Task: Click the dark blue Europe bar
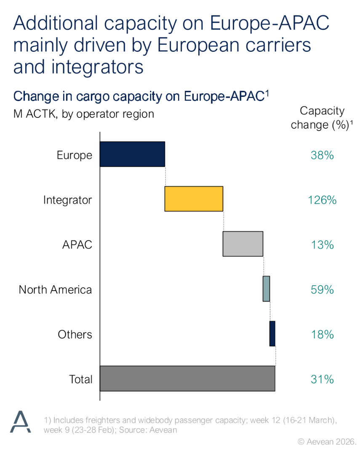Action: click(132, 154)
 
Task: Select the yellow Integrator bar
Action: click(194, 199)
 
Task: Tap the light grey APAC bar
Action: click(243, 244)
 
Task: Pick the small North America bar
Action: click(266, 289)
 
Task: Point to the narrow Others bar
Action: click(272, 334)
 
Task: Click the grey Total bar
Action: click(187, 379)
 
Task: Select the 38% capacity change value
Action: click(322, 155)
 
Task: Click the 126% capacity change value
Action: click(322, 200)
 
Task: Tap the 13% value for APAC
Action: click(322, 245)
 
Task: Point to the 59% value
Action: click(322, 290)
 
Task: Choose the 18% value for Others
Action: click(322, 334)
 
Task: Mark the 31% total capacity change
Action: click(322, 379)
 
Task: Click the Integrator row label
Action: click(67, 200)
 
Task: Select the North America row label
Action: click(55, 290)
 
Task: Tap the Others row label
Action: click(75, 334)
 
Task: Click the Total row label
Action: click(80, 379)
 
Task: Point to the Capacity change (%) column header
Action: click(322, 118)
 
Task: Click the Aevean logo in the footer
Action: click(21, 422)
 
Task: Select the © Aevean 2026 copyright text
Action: click(327, 442)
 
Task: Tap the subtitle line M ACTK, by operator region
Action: click(84, 114)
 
